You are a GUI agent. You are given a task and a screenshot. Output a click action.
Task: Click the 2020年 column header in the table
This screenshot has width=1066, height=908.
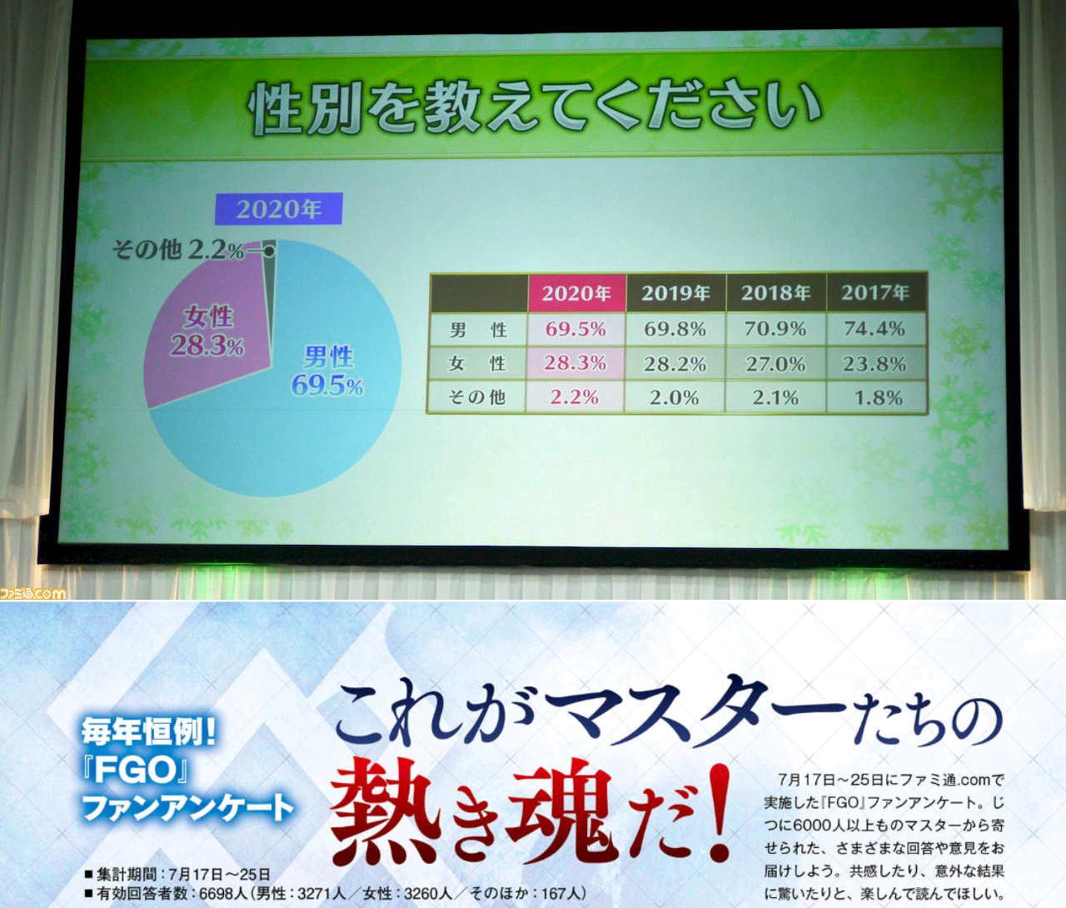click(x=576, y=293)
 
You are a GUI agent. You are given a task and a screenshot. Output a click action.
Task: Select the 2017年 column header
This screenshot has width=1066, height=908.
click(x=875, y=293)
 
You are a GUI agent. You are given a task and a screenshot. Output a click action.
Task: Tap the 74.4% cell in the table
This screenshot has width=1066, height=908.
click(x=874, y=329)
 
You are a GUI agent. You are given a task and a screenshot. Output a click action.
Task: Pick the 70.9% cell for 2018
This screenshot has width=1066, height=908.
click(x=775, y=329)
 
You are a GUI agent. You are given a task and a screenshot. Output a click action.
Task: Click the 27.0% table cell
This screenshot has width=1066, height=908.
click(x=775, y=364)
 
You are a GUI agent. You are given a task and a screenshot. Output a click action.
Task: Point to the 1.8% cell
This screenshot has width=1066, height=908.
click(x=879, y=397)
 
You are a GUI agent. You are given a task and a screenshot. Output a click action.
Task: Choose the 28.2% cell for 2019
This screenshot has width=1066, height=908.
click(x=675, y=364)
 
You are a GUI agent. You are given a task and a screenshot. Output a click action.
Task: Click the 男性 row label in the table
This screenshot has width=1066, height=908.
click(x=478, y=330)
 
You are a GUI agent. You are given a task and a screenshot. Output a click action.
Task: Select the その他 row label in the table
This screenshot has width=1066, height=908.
click(x=476, y=397)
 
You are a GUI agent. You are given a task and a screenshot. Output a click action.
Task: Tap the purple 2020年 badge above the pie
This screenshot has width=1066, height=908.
click(x=278, y=209)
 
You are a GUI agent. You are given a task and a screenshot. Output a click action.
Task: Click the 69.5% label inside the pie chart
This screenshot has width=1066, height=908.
click(x=327, y=386)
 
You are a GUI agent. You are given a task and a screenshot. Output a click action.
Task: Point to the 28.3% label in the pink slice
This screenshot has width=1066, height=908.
click(x=207, y=346)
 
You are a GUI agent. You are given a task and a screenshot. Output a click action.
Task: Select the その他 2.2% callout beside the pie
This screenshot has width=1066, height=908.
click(x=178, y=251)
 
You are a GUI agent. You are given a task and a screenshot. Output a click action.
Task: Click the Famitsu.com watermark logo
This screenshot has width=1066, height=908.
click(x=33, y=593)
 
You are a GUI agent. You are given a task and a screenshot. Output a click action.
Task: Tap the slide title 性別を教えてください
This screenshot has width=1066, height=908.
click(x=535, y=110)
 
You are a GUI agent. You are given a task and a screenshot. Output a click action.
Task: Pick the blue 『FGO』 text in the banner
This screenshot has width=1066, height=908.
click(x=135, y=771)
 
